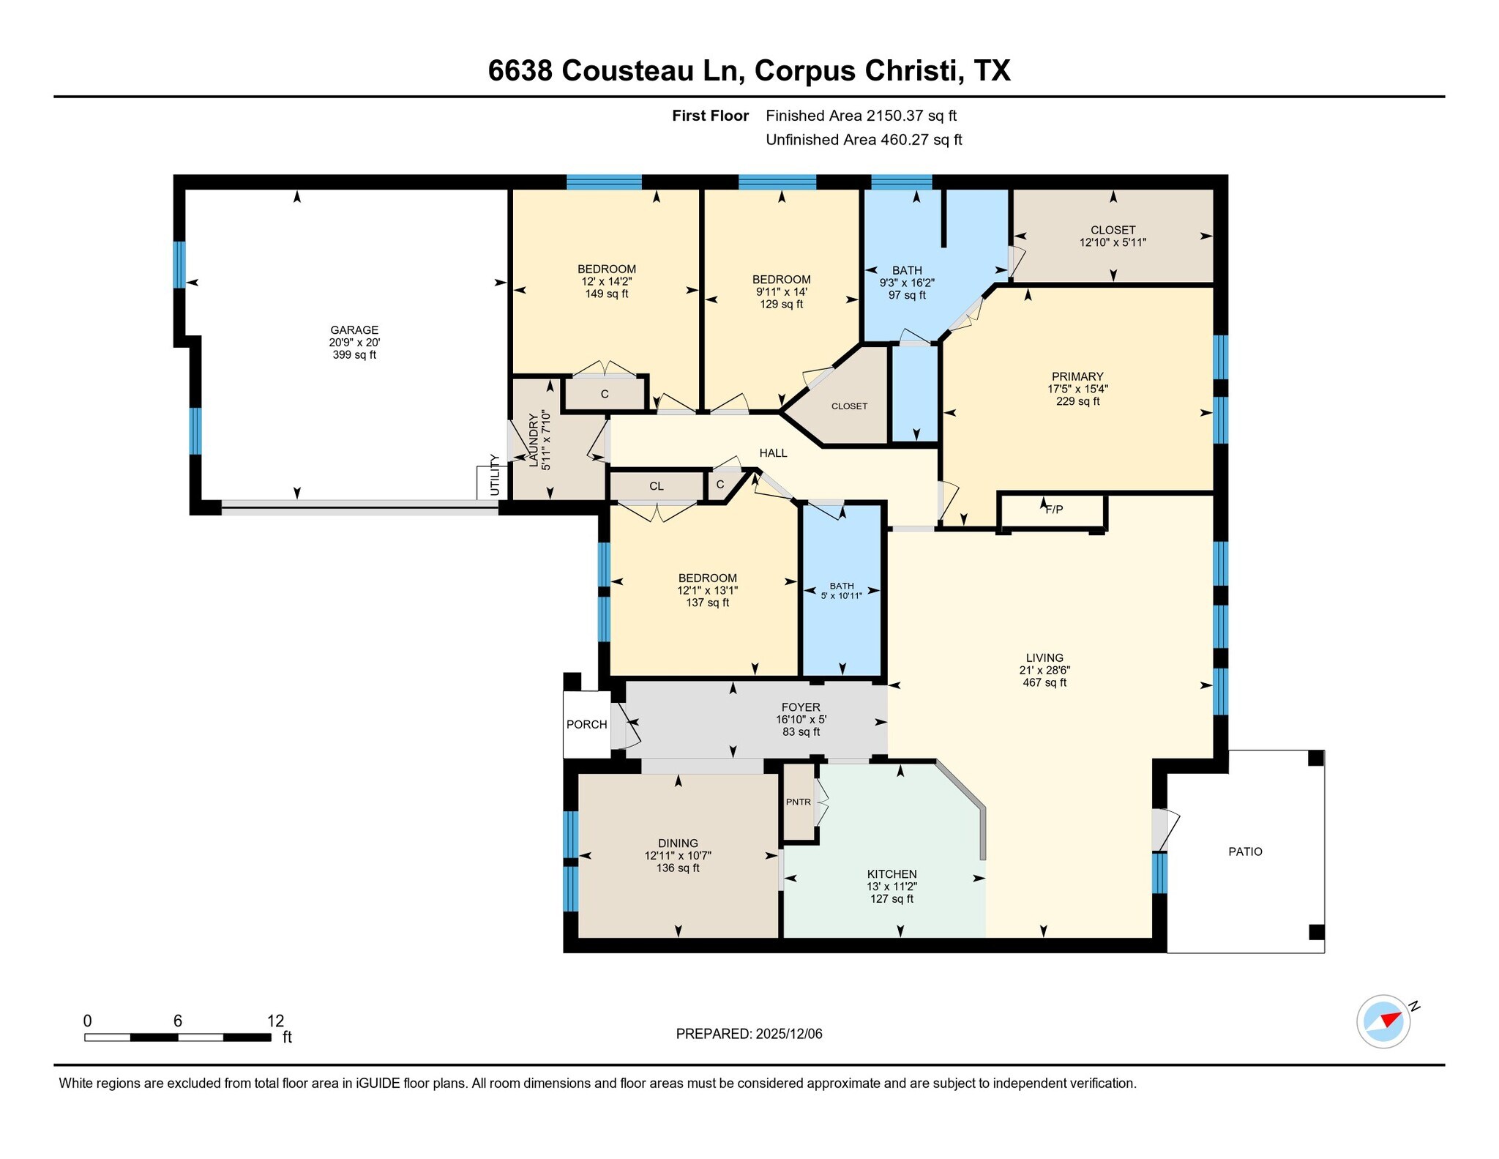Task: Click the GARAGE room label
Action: coord(354,329)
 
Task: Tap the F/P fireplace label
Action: coord(1054,510)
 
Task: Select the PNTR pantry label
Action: coord(798,802)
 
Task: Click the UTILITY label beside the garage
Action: coord(495,474)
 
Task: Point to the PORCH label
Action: coord(586,724)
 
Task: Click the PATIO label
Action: coord(1245,851)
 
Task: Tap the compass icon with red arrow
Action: coord(1383,1021)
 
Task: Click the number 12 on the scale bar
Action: coord(275,1021)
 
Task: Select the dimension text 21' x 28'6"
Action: coord(1044,670)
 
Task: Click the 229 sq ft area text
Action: coord(1077,401)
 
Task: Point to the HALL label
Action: coord(773,453)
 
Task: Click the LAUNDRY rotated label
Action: coord(534,440)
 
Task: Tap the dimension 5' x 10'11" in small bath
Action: coord(842,596)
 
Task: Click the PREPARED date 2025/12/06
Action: coord(789,1034)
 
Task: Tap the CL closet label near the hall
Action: coord(656,486)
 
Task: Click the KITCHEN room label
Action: coord(891,873)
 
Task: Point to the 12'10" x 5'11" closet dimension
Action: coord(1113,242)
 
